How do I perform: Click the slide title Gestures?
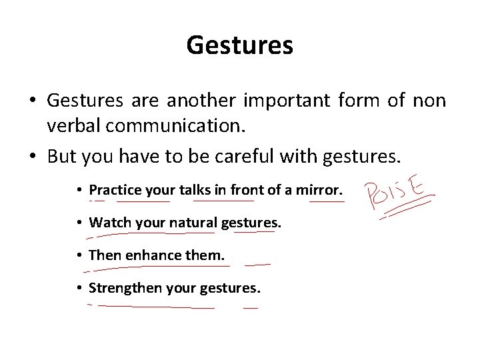coord(239,45)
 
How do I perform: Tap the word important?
coord(283,100)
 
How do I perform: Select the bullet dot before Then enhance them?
coord(79,255)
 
